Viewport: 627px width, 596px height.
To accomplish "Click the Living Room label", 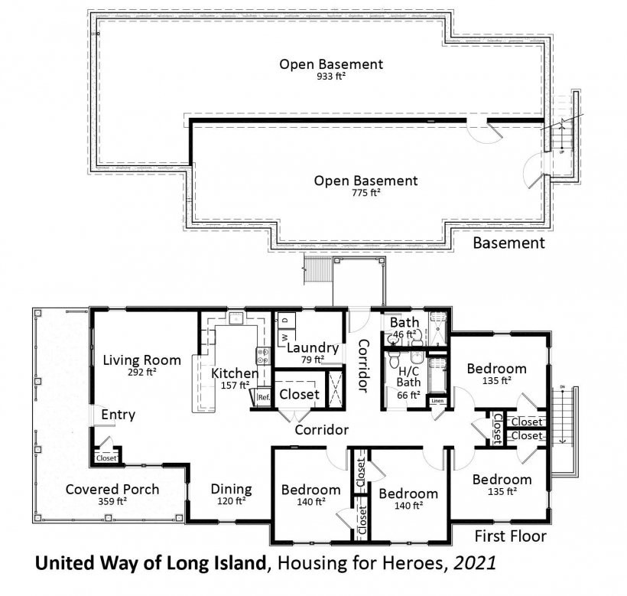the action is (142, 360).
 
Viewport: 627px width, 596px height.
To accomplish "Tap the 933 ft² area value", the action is (331, 76).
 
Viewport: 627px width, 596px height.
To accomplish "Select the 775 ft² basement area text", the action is (366, 192).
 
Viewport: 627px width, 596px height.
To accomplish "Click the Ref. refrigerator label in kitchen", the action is (264, 398).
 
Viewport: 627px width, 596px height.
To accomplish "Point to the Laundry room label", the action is (313, 348).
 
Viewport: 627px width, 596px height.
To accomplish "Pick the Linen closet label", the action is (437, 401).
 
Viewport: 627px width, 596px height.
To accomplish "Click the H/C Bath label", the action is (408, 376).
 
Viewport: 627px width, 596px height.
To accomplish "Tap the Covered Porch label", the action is (112, 489).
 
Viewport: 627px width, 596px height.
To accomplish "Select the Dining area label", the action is (231, 489).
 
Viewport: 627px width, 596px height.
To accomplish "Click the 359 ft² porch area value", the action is (112, 501).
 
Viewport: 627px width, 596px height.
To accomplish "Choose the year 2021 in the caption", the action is (475, 563).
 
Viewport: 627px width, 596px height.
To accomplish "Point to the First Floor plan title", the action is (510, 536).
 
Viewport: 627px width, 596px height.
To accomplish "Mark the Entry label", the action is (118, 415).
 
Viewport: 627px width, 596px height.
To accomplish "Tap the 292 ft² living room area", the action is (142, 372).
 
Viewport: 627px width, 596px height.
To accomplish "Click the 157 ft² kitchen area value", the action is (236, 385).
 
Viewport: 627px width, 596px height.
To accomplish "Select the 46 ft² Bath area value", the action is (404, 334).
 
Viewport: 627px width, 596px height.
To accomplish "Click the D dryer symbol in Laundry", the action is (285, 321).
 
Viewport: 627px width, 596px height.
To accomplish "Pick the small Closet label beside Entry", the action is (106, 458).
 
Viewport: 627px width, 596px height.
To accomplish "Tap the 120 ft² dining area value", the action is (231, 501).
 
